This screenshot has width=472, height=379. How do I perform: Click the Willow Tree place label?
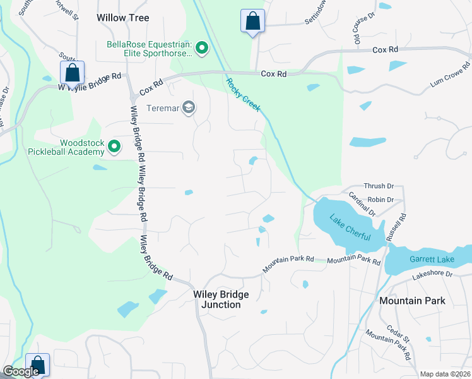123,18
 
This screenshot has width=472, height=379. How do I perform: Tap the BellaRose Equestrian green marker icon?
202,48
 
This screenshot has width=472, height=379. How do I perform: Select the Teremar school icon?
188,108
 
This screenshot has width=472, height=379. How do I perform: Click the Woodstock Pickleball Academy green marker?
114,147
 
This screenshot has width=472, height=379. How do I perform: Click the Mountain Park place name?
412,301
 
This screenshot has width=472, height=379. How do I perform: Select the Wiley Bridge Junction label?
221,299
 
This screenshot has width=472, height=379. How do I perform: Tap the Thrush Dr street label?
380,186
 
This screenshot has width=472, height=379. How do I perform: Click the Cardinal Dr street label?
362,204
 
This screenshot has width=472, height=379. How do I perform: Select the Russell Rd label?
398,222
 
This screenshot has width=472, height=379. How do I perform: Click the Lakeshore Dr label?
433,275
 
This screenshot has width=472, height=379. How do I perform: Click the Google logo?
21,371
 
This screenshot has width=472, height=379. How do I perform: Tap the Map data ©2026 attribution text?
445,374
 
